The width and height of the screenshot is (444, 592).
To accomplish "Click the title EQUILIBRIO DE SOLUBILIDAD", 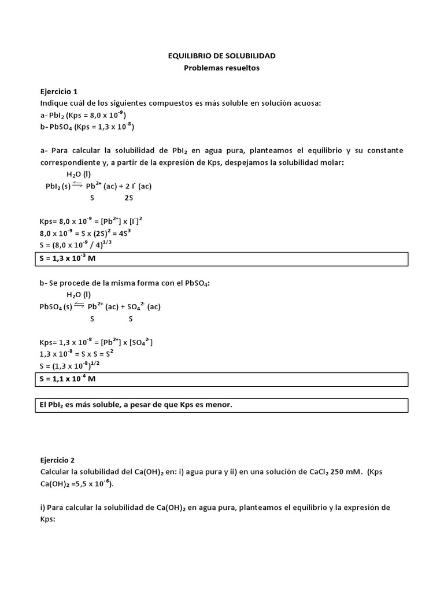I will coord(222,56).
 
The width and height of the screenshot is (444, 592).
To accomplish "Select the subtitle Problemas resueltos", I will coord(222,68).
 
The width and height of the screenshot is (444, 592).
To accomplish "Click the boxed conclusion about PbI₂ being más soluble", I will coord(136,405).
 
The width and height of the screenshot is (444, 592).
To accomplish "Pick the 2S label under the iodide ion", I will coord(128,198).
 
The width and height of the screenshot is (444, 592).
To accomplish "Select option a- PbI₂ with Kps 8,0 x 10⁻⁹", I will coord(83,115).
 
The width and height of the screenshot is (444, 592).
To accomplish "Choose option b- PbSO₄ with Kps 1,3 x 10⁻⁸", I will coord(87,127).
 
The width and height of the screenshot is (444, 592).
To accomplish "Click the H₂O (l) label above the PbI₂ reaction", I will coord(79,174).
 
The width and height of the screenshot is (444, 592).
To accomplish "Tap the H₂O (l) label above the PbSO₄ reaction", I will coord(79,294).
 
